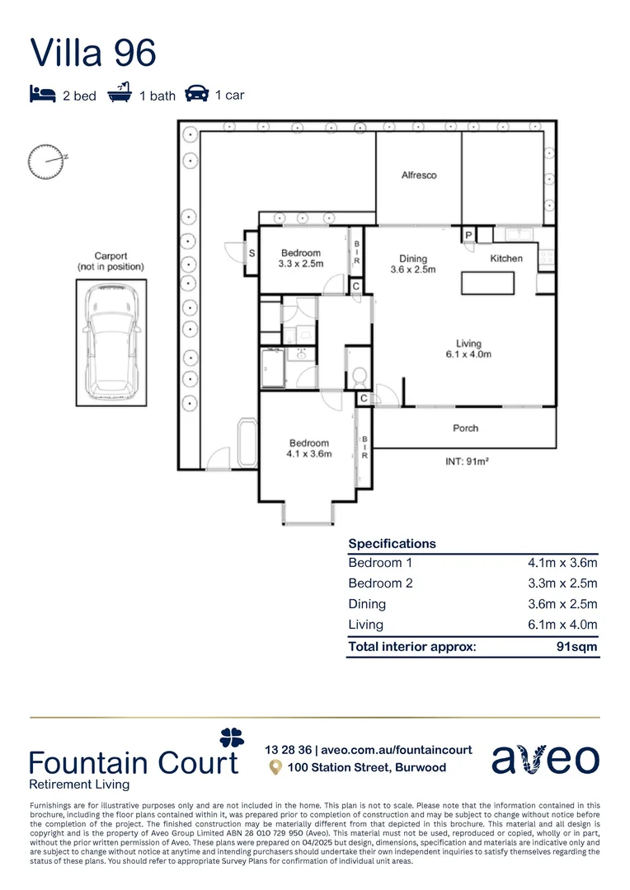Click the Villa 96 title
pyautogui.click(x=92, y=52)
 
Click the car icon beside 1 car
pyautogui.click(x=196, y=93)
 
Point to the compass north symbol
pyautogui.click(x=46, y=161)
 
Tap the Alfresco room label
pyautogui.click(x=418, y=176)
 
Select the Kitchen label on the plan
pyautogui.click(x=506, y=258)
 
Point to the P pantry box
pyautogui.click(x=468, y=235)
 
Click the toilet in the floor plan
pyautogui.click(x=358, y=377)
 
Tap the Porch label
pyautogui.click(x=465, y=429)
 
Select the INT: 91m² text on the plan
pyautogui.click(x=467, y=462)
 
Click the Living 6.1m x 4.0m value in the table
pyautogui.click(x=562, y=625)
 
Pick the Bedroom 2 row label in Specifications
pyautogui.click(x=380, y=583)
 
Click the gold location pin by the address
pyautogui.click(x=276, y=767)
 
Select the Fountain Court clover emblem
pyautogui.click(x=232, y=737)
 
